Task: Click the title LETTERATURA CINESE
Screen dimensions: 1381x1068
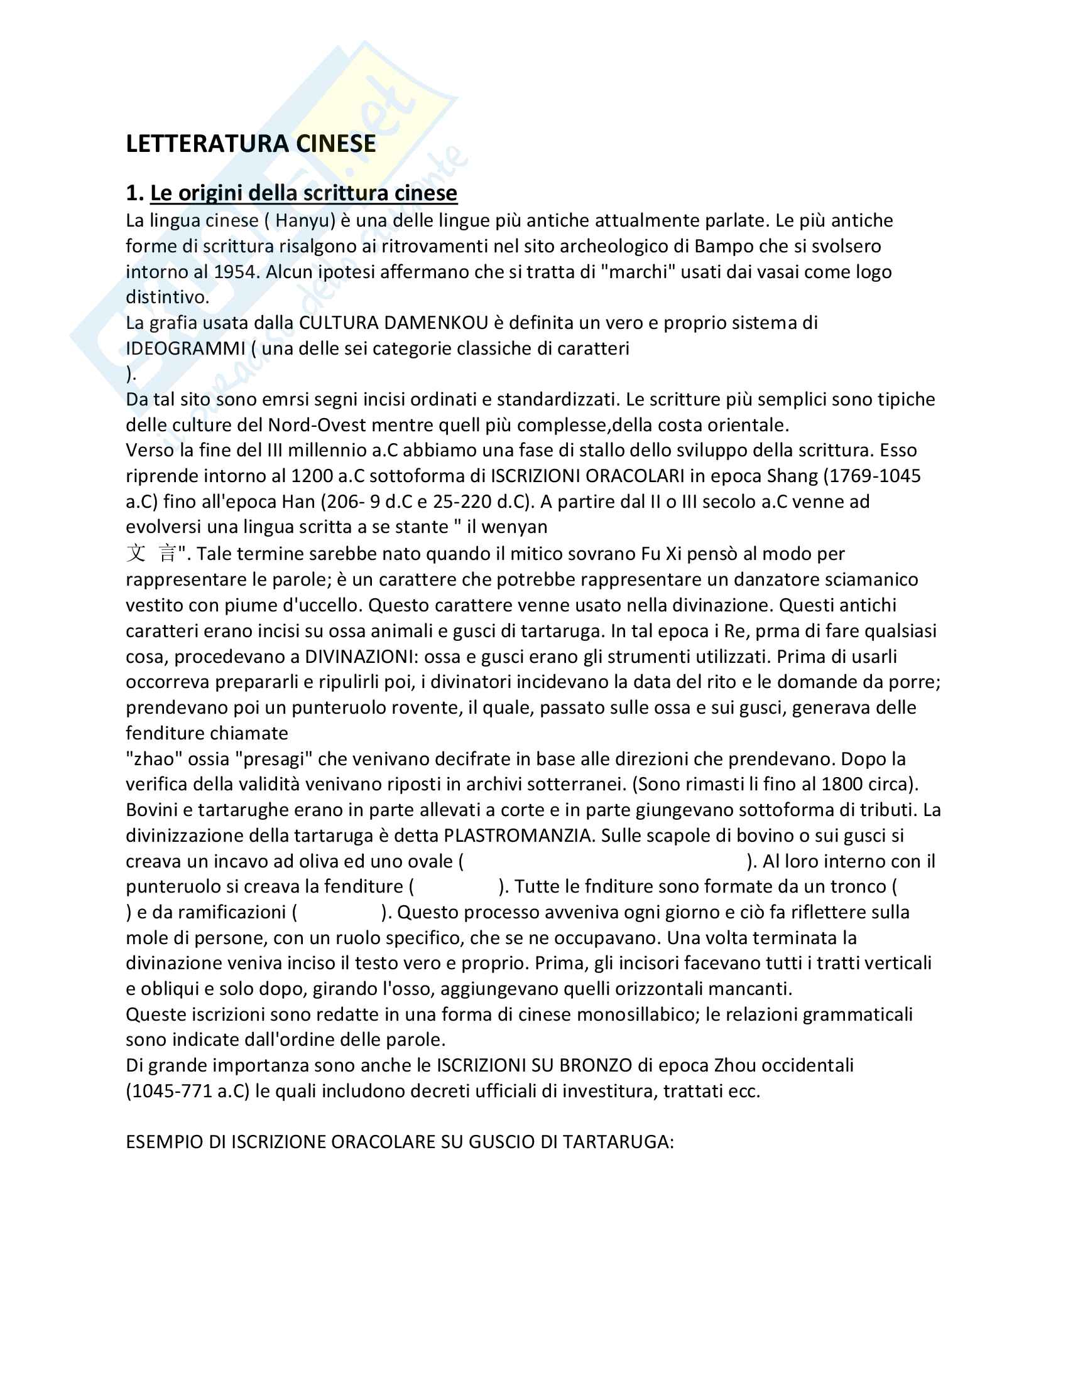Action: tap(251, 144)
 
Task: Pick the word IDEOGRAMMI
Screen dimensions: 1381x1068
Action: tap(185, 348)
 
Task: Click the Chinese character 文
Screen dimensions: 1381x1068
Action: tap(136, 554)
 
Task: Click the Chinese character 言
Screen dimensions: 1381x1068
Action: tap(168, 554)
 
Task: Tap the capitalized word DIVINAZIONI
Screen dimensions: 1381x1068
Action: tap(359, 657)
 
